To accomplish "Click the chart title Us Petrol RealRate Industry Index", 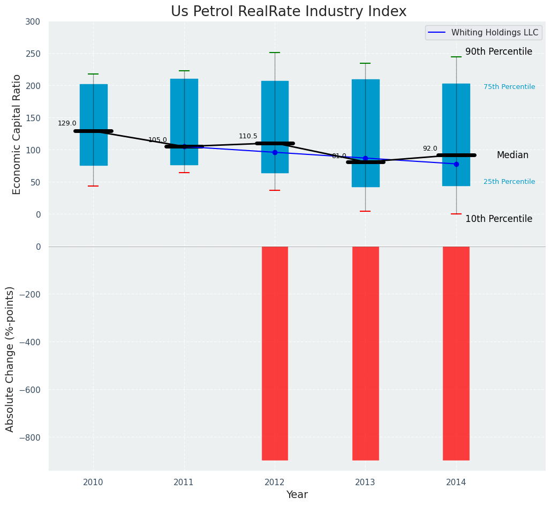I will click(x=289, y=12).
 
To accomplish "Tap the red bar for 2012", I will click(x=275, y=353).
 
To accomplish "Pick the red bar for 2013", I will click(x=366, y=353).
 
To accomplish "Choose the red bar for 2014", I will click(x=456, y=353).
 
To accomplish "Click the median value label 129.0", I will click(x=67, y=123).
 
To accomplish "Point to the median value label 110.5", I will click(x=248, y=136).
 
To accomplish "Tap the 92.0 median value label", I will click(x=430, y=148).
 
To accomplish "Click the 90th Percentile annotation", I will click(x=499, y=52).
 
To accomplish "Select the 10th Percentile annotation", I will click(x=499, y=219).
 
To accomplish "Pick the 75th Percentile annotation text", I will click(x=509, y=87).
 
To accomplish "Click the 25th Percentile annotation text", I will click(x=509, y=182).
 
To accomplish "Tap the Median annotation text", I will click(x=512, y=155).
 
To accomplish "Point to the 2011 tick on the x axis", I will click(x=184, y=482).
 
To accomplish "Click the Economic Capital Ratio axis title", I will click(x=17, y=134).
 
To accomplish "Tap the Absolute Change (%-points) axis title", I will click(x=10, y=359).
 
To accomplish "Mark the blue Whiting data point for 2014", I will click(x=456, y=164).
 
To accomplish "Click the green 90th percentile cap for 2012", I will click(x=275, y=53).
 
